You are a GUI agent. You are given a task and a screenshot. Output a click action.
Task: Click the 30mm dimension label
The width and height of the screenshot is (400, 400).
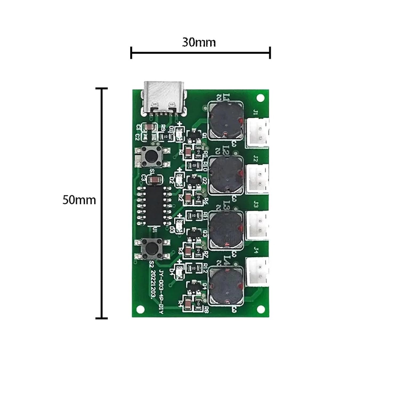(199, 43)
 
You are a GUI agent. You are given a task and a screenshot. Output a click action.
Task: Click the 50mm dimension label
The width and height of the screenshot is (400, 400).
(79, 200)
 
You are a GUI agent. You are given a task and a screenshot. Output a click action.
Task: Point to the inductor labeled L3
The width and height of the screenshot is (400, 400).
(227, 229)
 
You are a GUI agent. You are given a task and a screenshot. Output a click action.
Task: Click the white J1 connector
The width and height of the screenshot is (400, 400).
(257, 133)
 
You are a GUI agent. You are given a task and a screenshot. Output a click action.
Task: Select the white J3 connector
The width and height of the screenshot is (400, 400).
(257, 225)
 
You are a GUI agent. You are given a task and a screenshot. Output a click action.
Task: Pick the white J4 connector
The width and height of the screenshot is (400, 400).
(257, 272)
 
